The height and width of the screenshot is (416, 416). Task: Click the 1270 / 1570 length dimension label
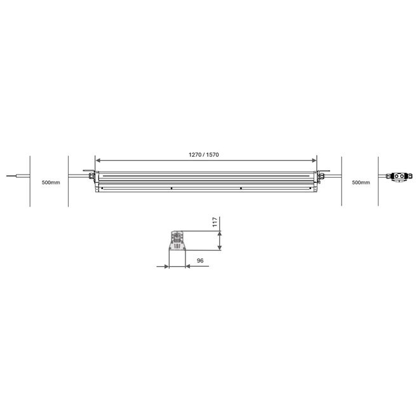204,155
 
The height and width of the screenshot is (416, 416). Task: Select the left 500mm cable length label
51,182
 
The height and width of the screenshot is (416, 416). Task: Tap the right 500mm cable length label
361,182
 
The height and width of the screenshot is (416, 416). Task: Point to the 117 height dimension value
215,222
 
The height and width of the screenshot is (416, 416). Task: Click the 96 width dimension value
200,261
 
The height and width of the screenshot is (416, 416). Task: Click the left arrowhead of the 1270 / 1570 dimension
98,160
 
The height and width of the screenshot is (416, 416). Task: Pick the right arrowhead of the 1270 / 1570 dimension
314,160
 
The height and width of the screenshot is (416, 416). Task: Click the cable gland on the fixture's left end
91,176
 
